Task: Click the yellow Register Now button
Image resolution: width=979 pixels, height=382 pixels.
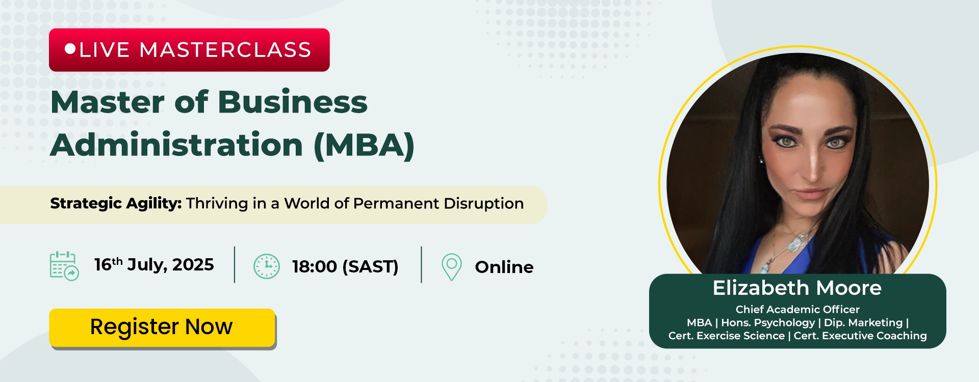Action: tap(162, 328)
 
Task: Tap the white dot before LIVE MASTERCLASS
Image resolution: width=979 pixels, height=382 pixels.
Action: tap(70, 49)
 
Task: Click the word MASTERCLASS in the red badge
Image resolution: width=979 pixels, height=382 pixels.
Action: tap(225, 50)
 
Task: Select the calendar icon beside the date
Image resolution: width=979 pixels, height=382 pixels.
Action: tap(64, 266)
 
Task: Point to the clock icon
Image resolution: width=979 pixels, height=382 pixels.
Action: tap(267, 266)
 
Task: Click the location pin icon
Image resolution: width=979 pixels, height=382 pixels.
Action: tap(451, 267)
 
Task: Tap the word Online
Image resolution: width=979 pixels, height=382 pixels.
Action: tap(504, 267)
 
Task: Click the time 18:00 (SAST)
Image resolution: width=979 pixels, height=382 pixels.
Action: tap(345, 266)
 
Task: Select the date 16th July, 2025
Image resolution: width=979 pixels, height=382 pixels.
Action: tap(154, 264)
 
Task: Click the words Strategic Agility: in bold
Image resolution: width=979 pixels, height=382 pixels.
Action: tap(116, 204)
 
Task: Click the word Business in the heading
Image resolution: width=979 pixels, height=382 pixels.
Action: tap(293, 102)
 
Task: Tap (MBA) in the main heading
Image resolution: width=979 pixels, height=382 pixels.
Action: tap(364, 145)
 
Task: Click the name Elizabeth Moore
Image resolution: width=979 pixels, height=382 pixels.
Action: tap(797, 288)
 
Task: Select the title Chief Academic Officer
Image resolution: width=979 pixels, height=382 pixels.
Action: tap(797, 309)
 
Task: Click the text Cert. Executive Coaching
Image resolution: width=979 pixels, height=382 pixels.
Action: tap(860, 336)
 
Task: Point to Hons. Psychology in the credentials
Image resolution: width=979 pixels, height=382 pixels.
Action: tap(768, 322)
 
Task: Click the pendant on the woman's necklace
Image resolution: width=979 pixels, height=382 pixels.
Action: tap(794, 245)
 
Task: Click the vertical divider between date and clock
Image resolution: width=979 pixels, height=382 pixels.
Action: tap(235, 265)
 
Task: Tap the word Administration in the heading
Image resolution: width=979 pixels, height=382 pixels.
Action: tap(177, 145)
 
